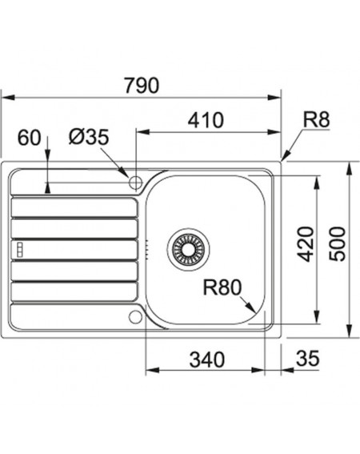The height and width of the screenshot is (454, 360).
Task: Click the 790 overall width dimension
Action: tap(142, 85)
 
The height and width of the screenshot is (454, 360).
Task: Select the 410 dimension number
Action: tap(206, 120)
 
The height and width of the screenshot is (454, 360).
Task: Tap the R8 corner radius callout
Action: tap(316, 119)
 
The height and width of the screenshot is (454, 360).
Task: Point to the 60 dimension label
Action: tap(30, 138)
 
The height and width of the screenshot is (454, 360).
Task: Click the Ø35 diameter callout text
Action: tap(89, 137)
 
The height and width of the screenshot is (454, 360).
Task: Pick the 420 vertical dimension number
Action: tap(306, 244)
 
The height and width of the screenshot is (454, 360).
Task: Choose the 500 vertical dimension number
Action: tap(338, 244)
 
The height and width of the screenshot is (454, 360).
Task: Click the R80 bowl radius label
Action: tap(222, 287)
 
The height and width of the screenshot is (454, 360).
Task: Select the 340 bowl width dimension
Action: tap(207, 360)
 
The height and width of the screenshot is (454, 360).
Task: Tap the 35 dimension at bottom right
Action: tap(308, 358)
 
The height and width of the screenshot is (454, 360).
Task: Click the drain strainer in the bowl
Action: tap(188, 249)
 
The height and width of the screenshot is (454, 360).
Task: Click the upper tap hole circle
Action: tap(135, 183)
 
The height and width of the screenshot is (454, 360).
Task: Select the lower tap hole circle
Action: tap(135, 316)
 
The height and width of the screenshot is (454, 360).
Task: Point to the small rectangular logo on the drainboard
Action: tap(21, 249)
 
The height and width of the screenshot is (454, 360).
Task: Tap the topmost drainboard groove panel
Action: tap(74, 207)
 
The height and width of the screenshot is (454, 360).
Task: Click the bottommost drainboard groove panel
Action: tap(74, 291)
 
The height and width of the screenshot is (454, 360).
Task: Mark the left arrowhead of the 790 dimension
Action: tap(8, 98)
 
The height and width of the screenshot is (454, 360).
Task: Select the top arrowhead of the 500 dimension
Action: tap(350, 168)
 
